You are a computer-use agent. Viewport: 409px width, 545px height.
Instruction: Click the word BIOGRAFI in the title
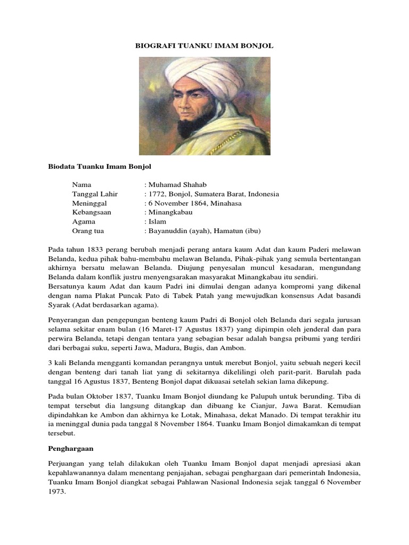(x=153, y=46)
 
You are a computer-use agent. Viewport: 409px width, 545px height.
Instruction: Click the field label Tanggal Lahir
(x=95, y=194)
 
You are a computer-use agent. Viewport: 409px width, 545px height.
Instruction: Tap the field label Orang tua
(x=88, y=230)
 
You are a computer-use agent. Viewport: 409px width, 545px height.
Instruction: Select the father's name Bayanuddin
(x=173, y=230)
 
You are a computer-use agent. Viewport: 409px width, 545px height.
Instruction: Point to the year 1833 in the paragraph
(x=95, y=249)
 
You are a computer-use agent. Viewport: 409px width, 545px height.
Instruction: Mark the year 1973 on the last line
(x=55, y=492)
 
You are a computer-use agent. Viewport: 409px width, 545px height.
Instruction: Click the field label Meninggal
(x=89, y=203)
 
